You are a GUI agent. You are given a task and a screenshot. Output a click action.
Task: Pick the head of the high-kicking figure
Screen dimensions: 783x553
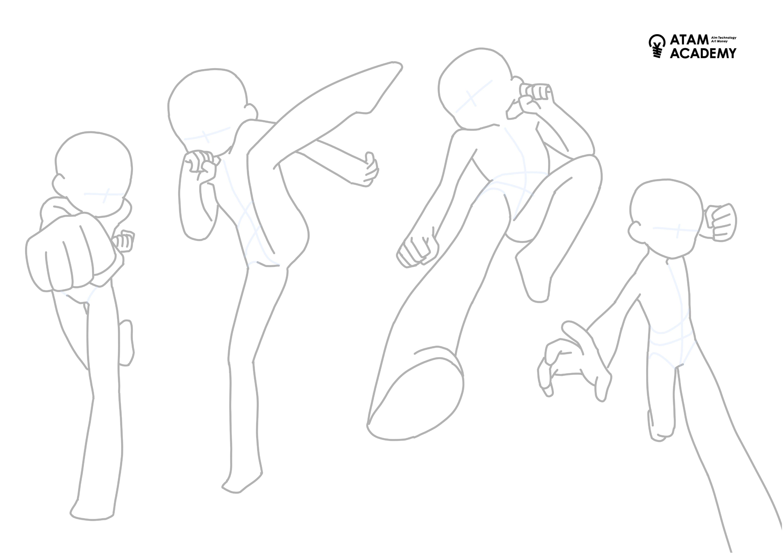(211, 109)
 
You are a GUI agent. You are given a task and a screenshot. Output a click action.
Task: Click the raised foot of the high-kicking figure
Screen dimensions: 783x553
(379, 89)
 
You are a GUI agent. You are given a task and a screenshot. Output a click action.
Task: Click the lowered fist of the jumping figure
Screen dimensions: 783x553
(418, 251)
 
